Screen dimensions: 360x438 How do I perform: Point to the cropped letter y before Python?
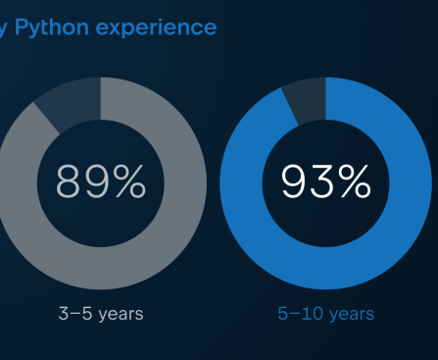5,28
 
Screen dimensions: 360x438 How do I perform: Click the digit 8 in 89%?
71,181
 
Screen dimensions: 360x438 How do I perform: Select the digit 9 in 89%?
98,181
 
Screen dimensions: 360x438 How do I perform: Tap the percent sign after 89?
130,181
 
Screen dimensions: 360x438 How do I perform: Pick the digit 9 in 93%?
296,181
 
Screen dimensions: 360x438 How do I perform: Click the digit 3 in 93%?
324,181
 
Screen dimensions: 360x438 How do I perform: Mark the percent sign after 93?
356,181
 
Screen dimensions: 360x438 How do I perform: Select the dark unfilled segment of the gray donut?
69,105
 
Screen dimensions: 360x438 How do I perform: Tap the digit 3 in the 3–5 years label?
64,315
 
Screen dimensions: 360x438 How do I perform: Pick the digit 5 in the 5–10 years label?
283,315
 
